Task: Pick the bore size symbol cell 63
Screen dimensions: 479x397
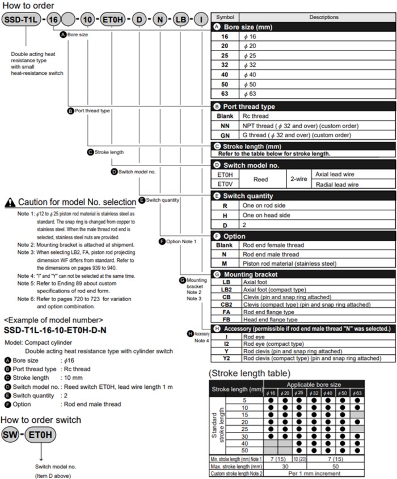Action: (x=225, y=94)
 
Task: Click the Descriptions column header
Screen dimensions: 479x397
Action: (x=324, y=17)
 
